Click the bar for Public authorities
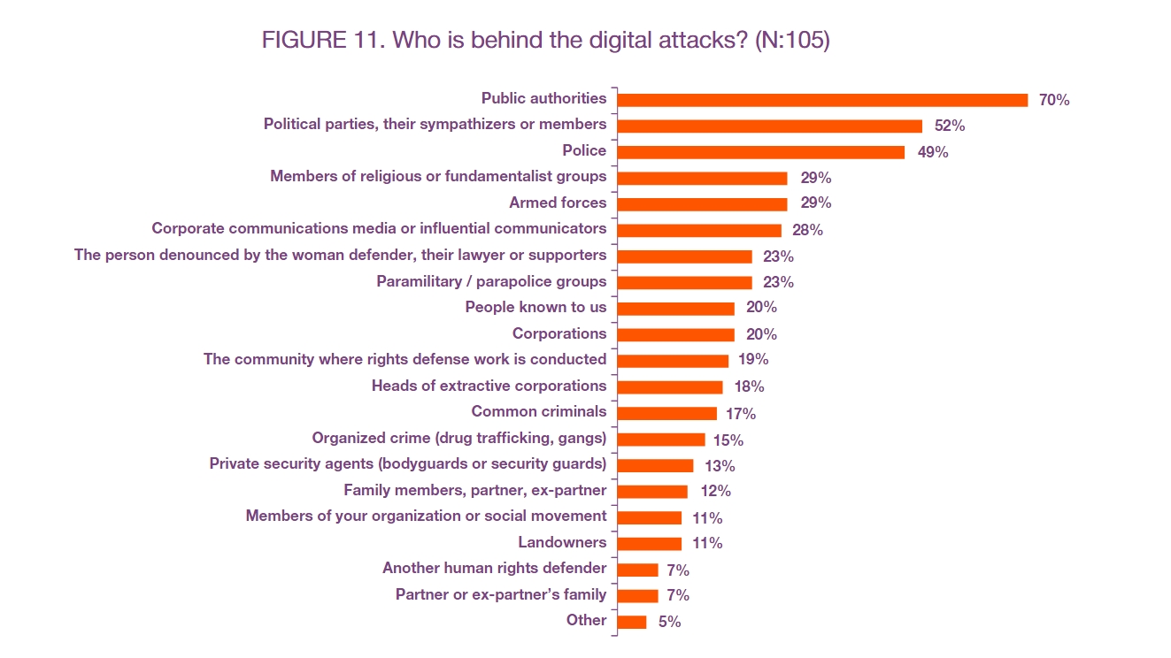tap(822, 100)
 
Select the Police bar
tap(760, 152)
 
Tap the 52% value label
tap(950, 126)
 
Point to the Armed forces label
tap(558, 203)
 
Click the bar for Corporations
tap(675, 334)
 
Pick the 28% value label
tap(807, 230)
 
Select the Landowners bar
tap(650, 544)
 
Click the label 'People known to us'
tap(535, 307)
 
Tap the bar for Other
tap(631, 622)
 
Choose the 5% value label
tap(669, 622)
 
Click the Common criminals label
tap(539, 411)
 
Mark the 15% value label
tap(728, 440)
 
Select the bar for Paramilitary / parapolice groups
tap(684, 282)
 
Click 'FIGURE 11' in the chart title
tap(323, 40)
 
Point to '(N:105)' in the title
tap(792, 40)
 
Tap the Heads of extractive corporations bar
tap(670, 387)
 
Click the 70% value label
tap(1054, 100)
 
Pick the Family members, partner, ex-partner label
tap(475, 490)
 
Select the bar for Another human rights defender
tap(637, 570)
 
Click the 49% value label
tap(933, 152)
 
